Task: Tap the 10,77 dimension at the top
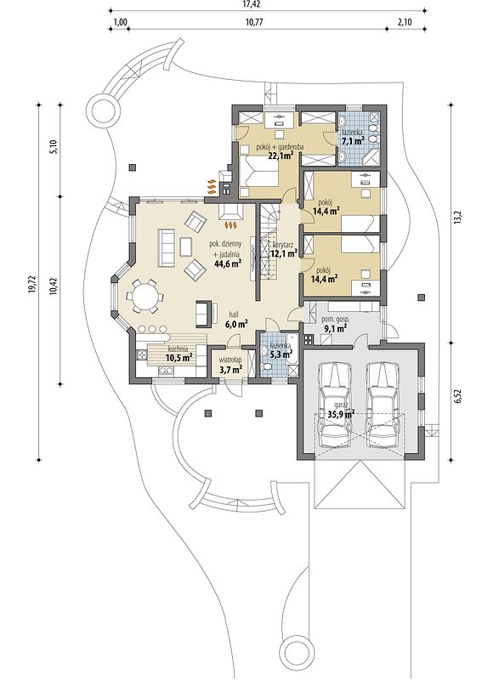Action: point(258,22)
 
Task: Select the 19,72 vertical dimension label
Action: point(31,285)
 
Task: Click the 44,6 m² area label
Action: point(228,263)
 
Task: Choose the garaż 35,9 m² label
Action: point(340,410)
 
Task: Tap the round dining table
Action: point(145,296)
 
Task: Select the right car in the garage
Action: point(383,405)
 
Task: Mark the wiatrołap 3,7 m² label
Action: point(230,365)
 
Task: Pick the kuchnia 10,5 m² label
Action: point(179,353)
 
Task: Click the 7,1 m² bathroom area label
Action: point(352,141)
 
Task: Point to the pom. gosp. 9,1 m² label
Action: point(334,324)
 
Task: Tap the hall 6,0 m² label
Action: point(236,320)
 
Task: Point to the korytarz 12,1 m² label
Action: point(283,248)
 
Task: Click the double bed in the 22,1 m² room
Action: point(260,173)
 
